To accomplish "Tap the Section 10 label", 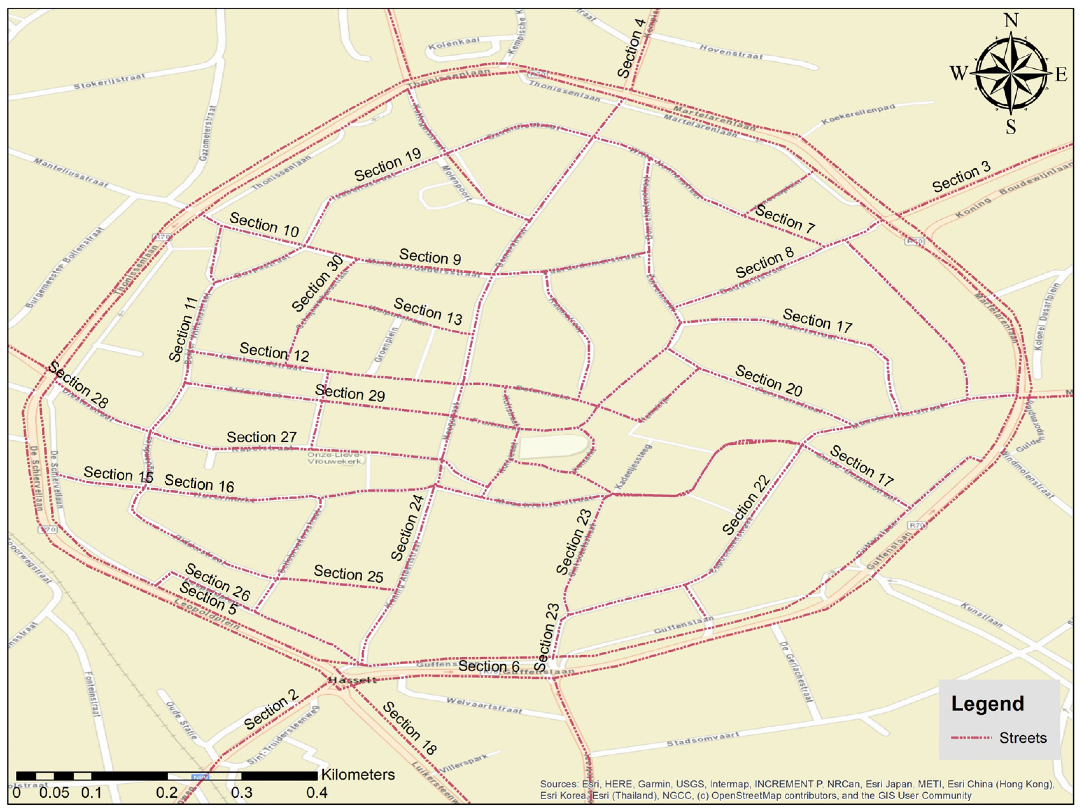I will [x=264, y=225].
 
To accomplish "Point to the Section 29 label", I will [x=350, y=393].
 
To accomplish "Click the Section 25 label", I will [x=348, y=574].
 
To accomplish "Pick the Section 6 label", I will [x=489, y=666].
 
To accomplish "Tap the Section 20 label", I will [x=769, y=380].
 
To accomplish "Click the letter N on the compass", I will [x=1011, y=21].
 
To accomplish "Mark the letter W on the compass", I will [x=959, y=73].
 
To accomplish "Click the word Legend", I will [x=987, y=703].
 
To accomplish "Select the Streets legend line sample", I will [x=971, y=738].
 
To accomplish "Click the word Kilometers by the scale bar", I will [x=358, y=775].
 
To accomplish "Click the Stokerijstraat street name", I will [x=110, y=82].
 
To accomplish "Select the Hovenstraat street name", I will [x=731, y=52].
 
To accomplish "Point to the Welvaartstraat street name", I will [x=484, y=705].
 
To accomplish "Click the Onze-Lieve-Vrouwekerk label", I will [x=335, y=458].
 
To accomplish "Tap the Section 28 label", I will [x=78, y=385].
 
